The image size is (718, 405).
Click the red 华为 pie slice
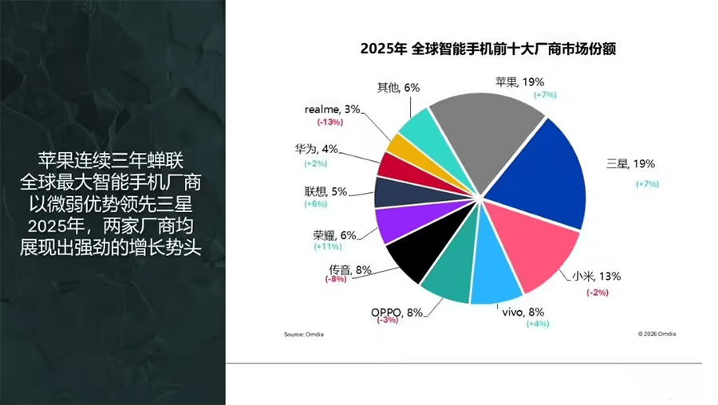393,167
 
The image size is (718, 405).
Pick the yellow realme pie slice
402,145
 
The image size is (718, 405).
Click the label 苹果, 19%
519,82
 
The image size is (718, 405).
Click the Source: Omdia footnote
306,334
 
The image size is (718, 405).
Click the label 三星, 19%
630,164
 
